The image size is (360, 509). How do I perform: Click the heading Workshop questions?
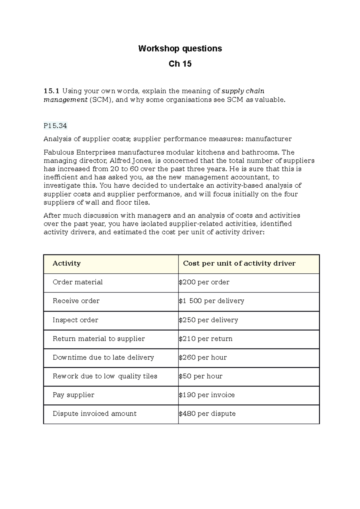coord(180,49)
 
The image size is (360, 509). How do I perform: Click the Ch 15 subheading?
coord(180,64)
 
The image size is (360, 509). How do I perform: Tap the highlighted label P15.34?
coord(55,126)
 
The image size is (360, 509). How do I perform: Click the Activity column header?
coord(67,263)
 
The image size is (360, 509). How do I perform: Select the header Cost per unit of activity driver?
coord(239,263)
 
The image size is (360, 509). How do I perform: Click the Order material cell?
coord(78,282)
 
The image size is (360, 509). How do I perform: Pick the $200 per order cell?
coord(204,282)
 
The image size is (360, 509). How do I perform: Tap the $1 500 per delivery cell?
coord(211,301)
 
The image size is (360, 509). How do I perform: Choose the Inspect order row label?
coord(75,320)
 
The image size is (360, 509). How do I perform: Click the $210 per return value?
coord(205,339)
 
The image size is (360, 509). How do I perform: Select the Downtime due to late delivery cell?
coord(103,357)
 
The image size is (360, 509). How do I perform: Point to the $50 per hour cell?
coord(200,376)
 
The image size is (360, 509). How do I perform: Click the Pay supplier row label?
coord(73,395)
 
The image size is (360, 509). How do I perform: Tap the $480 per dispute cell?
coord(207,414)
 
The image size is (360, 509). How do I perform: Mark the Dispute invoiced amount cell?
coord(94,414)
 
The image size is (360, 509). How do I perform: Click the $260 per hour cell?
coord(203,357)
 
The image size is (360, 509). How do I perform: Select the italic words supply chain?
coord(243,91)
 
